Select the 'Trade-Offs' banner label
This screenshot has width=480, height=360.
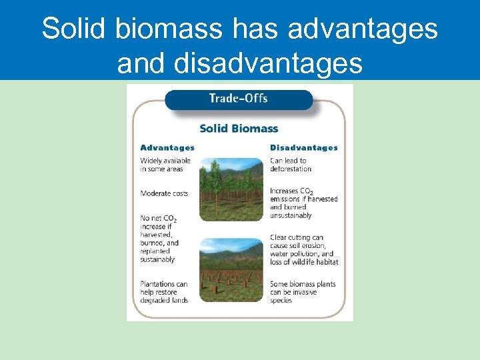coord(238,99)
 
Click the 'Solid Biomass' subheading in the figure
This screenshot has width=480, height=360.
coord(239,129)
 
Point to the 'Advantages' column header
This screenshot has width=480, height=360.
coord(167,147)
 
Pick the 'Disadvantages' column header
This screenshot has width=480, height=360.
coord(303,147)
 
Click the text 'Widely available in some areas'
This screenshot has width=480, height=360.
coord(165,165)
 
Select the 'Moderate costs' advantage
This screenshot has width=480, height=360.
coord(164,193)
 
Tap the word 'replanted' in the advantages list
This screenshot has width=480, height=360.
coord(155,251)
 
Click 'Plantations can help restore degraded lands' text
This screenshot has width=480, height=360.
coord(164,292)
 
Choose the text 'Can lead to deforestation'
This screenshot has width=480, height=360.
coord(290,165)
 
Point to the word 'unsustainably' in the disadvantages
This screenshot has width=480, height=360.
coord(291,215)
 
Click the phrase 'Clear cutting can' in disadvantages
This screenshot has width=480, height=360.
coord(297,237)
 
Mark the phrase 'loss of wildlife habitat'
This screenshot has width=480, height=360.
coord(304,262)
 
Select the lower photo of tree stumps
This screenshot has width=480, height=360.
coord(231,265)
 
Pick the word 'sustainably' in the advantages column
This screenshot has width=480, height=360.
coord(157,259)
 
